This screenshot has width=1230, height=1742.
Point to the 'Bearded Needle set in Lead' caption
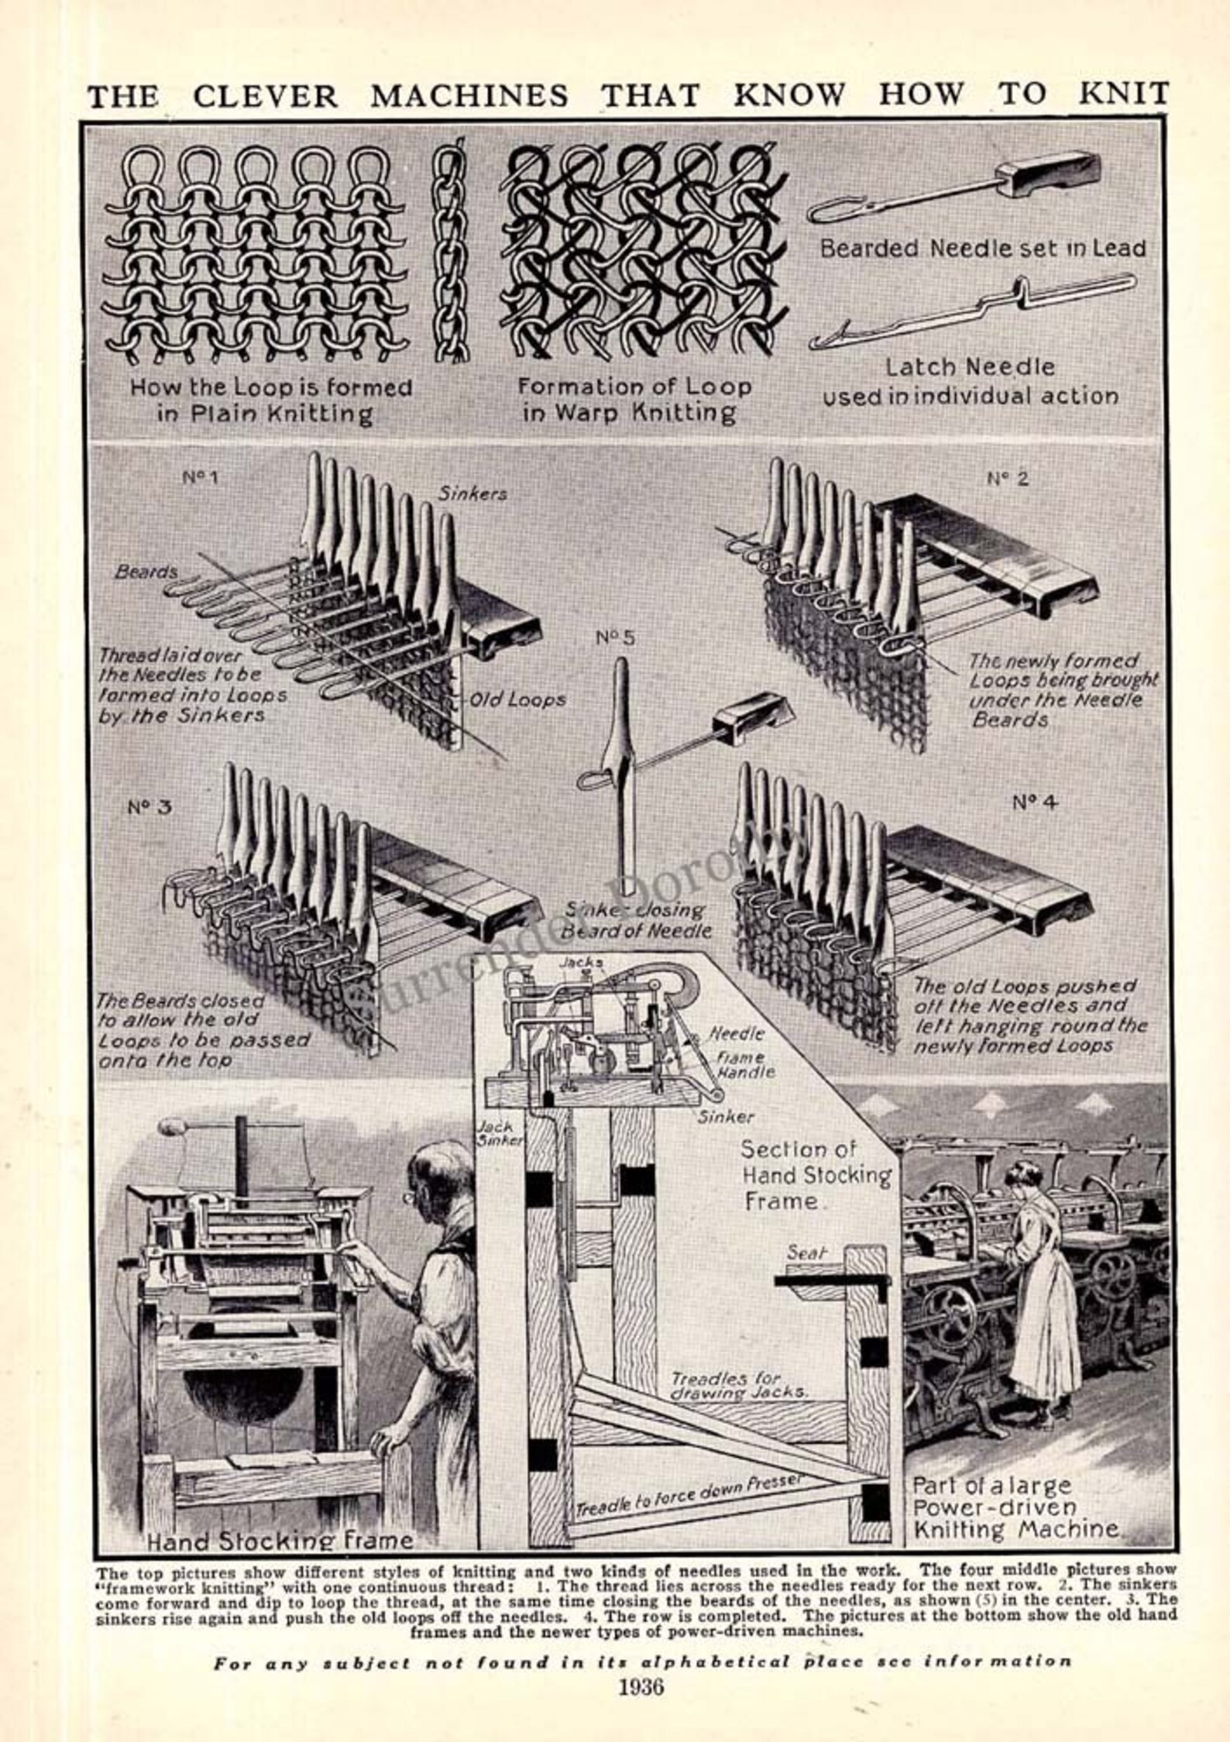coord(982,249)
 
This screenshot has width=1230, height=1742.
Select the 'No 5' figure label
coord(615,638)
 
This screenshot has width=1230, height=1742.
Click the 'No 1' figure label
coord(200,477)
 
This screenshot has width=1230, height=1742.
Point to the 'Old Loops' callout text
coord(518,700)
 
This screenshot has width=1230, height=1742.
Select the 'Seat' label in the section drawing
coord(806,1250)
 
